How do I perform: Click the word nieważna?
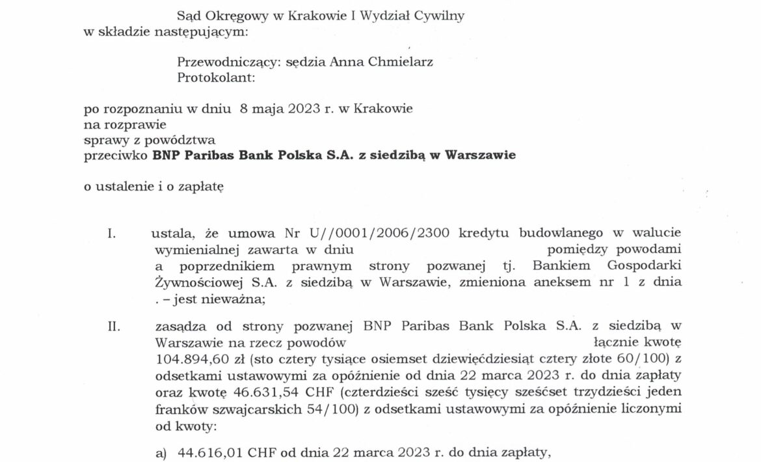239,299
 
